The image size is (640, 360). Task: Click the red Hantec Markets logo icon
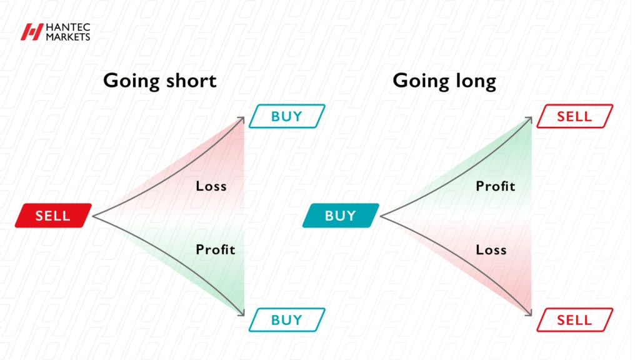point(32,32)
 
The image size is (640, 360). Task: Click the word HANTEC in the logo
point(68,27)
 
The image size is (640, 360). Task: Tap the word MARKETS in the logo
point(68,37)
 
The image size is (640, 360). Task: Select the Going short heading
point(159,81)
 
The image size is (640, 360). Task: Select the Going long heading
point(444,81)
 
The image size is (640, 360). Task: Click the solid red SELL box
point(53,215)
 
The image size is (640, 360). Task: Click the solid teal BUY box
point(341,215)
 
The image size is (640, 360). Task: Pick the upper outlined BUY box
point(287,116)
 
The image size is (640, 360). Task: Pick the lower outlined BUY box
point(287,320)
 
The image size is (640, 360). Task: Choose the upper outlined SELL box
point(575,116)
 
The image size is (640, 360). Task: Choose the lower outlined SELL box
point(575,320)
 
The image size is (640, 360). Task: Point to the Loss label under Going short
point(211,186)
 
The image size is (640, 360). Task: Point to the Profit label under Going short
point(216,249)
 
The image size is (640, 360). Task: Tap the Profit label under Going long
point(496,186)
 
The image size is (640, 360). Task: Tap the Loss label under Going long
point(491,249)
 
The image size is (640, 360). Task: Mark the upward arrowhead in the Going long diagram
point(529,119)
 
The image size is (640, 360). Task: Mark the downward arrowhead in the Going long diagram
point(529,312)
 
